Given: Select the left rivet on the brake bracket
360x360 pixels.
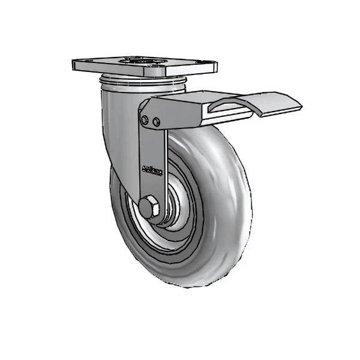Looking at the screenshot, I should click(145, 121).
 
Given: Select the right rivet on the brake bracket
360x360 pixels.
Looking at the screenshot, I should click(157, 122).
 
